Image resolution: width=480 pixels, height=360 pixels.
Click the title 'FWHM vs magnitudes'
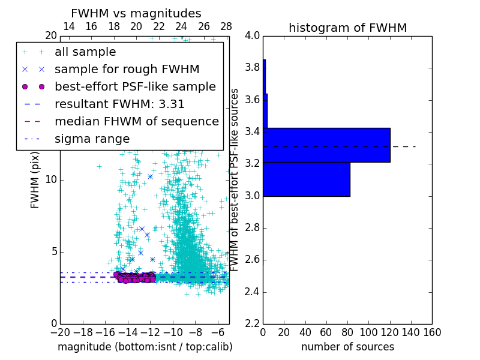tap(136, 14)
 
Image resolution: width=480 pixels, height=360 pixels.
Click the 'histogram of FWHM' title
tap(347, 28)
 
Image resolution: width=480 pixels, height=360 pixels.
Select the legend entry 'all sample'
tap(85, 52)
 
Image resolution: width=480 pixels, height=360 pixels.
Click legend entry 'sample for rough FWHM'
tap(127, 69)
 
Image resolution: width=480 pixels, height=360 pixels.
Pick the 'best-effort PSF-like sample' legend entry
tap(135, 86)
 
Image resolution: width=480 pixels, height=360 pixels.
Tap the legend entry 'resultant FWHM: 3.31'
tap(119, 104)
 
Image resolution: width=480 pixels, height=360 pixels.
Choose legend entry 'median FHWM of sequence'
tap(136, 121)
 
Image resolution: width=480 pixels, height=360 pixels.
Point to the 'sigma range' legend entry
tap(92, 139)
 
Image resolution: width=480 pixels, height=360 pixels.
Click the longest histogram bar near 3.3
tap(326, 145)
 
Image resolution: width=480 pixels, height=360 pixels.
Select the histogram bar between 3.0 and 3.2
tap(306, 179)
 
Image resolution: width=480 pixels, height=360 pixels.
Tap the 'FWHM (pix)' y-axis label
tap(35, 179)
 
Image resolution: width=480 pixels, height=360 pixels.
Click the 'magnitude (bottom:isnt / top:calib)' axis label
tap(145, 347)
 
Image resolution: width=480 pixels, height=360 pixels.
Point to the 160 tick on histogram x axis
tap(432, 332)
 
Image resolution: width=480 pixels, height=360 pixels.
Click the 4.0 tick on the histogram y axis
tap(253, 35)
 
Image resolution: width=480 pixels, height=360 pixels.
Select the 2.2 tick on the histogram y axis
tap(253, 323)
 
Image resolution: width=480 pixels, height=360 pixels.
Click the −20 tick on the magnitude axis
tap(60, 332)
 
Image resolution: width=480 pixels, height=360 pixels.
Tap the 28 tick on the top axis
tap(226, 26)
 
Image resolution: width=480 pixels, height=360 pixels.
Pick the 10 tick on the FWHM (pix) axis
tap(51, 179)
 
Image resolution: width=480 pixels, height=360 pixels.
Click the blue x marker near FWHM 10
tap(150, 176)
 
